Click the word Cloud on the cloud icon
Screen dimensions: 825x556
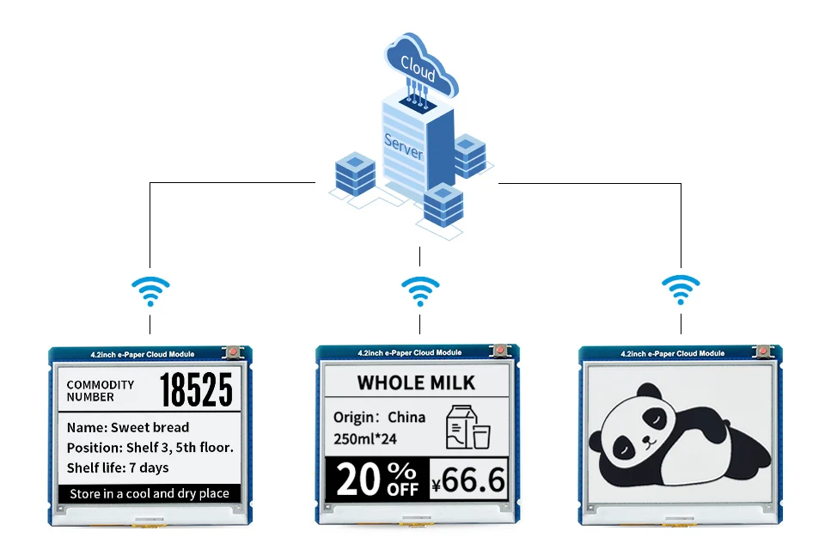tap(418, 66)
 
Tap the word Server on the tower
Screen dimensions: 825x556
tap(403, 146)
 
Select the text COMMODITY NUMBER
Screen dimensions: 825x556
tap(101, 391)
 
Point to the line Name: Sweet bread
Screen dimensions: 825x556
tap(128, 427)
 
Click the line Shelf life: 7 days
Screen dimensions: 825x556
tap(118, 467)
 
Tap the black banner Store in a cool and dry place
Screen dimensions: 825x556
tap(150, 493)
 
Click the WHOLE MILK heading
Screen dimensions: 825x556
tap(416, 382)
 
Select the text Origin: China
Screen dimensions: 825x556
tap(379, 418)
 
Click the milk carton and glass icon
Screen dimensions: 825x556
tap(467, 427)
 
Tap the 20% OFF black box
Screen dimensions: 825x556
tap(377, 479)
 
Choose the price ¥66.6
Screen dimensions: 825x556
tap(468, 480)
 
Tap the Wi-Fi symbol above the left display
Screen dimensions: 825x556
tap(150, 291)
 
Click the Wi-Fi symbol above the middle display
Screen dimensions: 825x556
tap(420, 291)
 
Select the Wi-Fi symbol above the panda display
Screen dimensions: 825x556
tap(681, 291)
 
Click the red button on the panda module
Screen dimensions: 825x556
tap(761, 351)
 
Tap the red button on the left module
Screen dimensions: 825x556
tap(232, 351)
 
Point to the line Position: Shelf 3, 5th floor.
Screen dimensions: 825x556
tap(150, 448)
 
